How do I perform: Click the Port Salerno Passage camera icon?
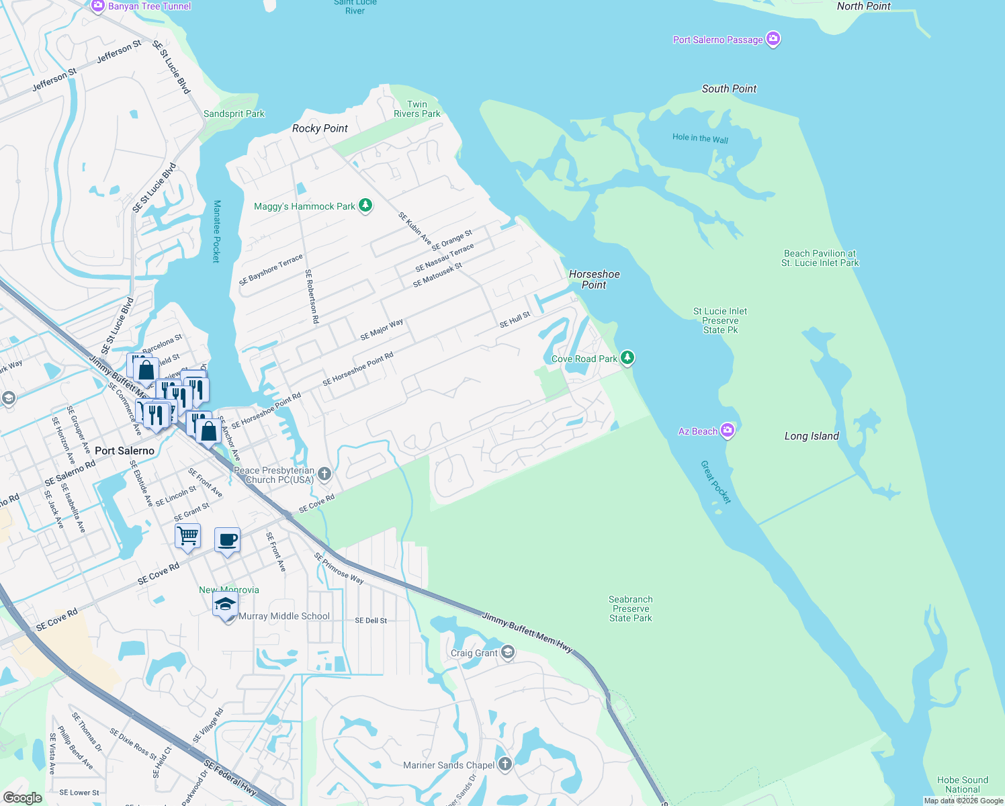click(x=773, y=39)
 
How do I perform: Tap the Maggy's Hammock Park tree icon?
click(x=365, y=206)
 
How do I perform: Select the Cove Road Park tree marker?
click(x=627, y=358)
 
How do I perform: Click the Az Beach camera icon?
click(x=728, y=431)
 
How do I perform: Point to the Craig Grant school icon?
click(x=508, y=652)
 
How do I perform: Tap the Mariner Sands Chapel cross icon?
click(x=505, y=764)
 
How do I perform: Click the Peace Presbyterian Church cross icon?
click(x=324, y=474)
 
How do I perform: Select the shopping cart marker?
click(x=188, y=536)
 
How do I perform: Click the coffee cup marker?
click(x=227, y=539)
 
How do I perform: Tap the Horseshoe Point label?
click(x=594, y=279)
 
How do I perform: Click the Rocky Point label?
click(x=320, y=128)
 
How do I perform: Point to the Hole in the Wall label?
click(x=700, y=138)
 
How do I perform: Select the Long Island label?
click(x=812, y=436)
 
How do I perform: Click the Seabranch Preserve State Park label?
click(x=630, y=609)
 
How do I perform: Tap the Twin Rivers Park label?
click(x=417, y=109)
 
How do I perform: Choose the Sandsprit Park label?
click(x=234, y=114)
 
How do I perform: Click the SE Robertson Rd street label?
click(x=312, y=296)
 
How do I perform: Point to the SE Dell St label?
click(x=371, y=621)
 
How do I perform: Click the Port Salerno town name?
click(x=124, y=451)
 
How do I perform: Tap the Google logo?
click(x=22, y=797)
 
